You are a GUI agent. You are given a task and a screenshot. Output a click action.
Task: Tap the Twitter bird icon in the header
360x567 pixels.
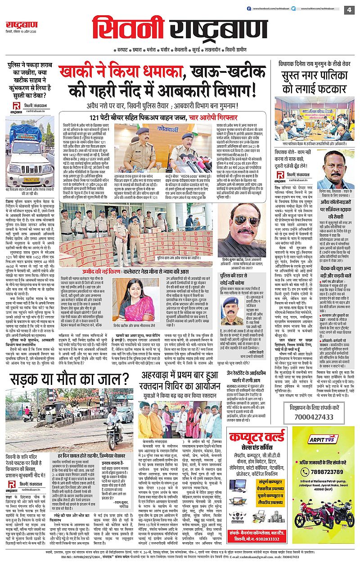293,9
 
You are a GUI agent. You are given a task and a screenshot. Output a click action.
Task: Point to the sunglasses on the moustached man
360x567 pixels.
247,219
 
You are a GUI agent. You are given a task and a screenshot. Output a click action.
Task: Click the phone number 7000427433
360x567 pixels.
315,417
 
